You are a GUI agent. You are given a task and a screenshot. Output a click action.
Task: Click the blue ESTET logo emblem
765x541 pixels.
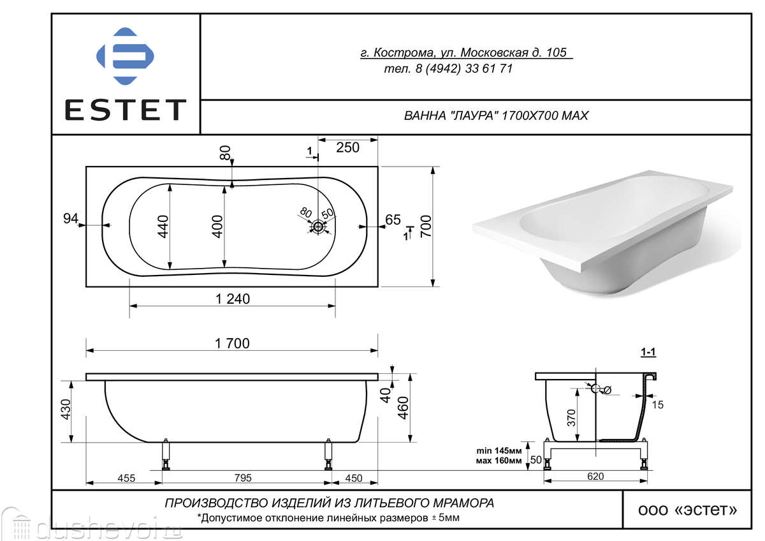pyautogui.click(x=125, y=56)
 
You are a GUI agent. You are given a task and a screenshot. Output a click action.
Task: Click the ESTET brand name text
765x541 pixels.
pyautogui.click(x=126, y=110)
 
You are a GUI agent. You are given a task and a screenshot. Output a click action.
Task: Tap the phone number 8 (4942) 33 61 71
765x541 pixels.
pyautogui.click(x=464, y=69)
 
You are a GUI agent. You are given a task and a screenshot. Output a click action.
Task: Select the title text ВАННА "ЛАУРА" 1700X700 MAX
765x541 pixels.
pyautogui.click(x=496, y=115)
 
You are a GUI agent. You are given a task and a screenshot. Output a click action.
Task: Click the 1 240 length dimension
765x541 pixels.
pyautogui.click(x=233, y=299)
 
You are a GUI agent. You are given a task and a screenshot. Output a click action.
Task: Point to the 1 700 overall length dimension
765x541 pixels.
pyautogui.click(x=232, y=343)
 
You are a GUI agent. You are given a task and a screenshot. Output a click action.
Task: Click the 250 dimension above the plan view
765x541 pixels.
pyautogui.click(x=347, y=147)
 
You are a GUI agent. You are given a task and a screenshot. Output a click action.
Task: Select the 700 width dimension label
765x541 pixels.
pyautogui.click(x=426, y=226)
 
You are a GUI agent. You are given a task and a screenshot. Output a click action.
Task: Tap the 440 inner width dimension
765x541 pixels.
pyautogui.click(x=163, y=226)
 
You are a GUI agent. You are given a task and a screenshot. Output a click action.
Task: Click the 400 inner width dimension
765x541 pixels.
pyautogui.click(x=217, y=226)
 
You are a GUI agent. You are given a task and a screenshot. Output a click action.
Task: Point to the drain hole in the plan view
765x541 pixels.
pyautogui.click(x=318, y=226)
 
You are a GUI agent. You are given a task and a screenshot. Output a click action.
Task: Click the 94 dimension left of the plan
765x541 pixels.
pyautogui.click(x=71, y=218)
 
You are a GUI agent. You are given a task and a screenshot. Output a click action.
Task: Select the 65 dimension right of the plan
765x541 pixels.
pyautogui.click(x=393, y=219)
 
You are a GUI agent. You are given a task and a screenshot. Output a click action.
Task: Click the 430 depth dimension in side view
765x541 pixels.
pyautogui.click(x=65, y=409)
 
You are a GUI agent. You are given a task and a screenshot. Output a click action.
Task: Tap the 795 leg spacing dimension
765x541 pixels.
pyautogui.click(x=243, y=478)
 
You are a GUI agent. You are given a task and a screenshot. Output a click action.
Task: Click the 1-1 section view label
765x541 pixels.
pyautogui.click(x=648, y=352)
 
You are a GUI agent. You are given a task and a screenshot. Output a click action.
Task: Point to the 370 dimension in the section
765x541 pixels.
pyautogui.click(x=571, y=418)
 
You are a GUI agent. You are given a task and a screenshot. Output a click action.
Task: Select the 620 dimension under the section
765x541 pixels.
pyautogui.click(x=595, y=476)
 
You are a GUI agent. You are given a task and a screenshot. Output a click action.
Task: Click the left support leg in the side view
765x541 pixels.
pyautogui.click(x=166, y=454)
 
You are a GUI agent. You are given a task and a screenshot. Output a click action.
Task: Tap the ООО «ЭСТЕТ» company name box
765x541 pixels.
pyautogui.click(x=687, y=510)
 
